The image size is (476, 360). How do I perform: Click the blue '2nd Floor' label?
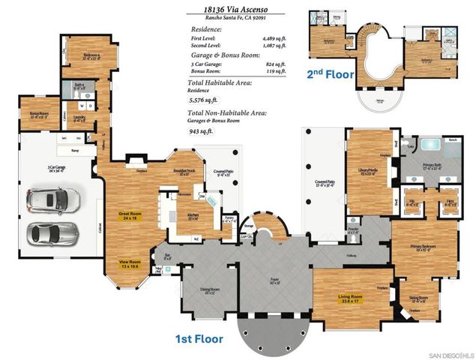pyautogui.click(x=329, y=74)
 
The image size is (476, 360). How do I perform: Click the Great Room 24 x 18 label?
pyautogui.click(x=131, y=217)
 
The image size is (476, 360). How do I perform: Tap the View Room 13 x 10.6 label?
pyautogui.click(x=130, y=263)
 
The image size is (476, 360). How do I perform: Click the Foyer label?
pyautogui.click(x=274, y=282)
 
